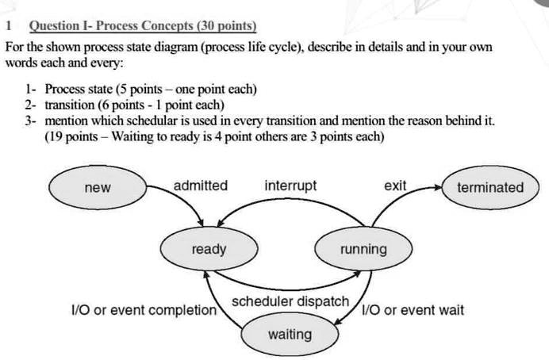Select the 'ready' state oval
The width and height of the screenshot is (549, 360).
pos(209,250)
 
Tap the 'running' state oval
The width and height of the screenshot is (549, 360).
pos(363,250)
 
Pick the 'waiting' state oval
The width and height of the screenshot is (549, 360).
pos(290,334)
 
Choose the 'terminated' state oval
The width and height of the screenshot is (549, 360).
pos(490,188)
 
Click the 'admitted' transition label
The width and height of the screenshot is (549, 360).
pos(200,186)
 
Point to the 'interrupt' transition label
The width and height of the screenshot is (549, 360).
pos(290,186)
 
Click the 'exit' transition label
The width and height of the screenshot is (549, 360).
pos(394,186)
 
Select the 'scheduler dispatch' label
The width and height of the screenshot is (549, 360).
pos(290,301)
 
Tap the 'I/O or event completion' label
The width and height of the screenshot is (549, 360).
pos(142,310)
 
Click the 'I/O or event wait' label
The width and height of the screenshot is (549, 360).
pos(413,310)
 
